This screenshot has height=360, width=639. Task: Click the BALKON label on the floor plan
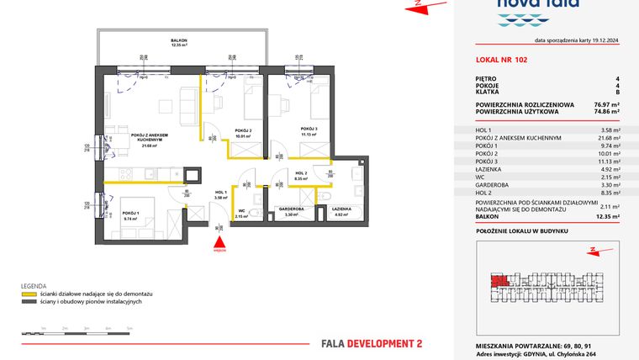click(x=178, y=40)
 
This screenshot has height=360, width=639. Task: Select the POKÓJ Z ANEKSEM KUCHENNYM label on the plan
click(x=151, y=137)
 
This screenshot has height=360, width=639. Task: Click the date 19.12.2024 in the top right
click(x=602, y=40)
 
